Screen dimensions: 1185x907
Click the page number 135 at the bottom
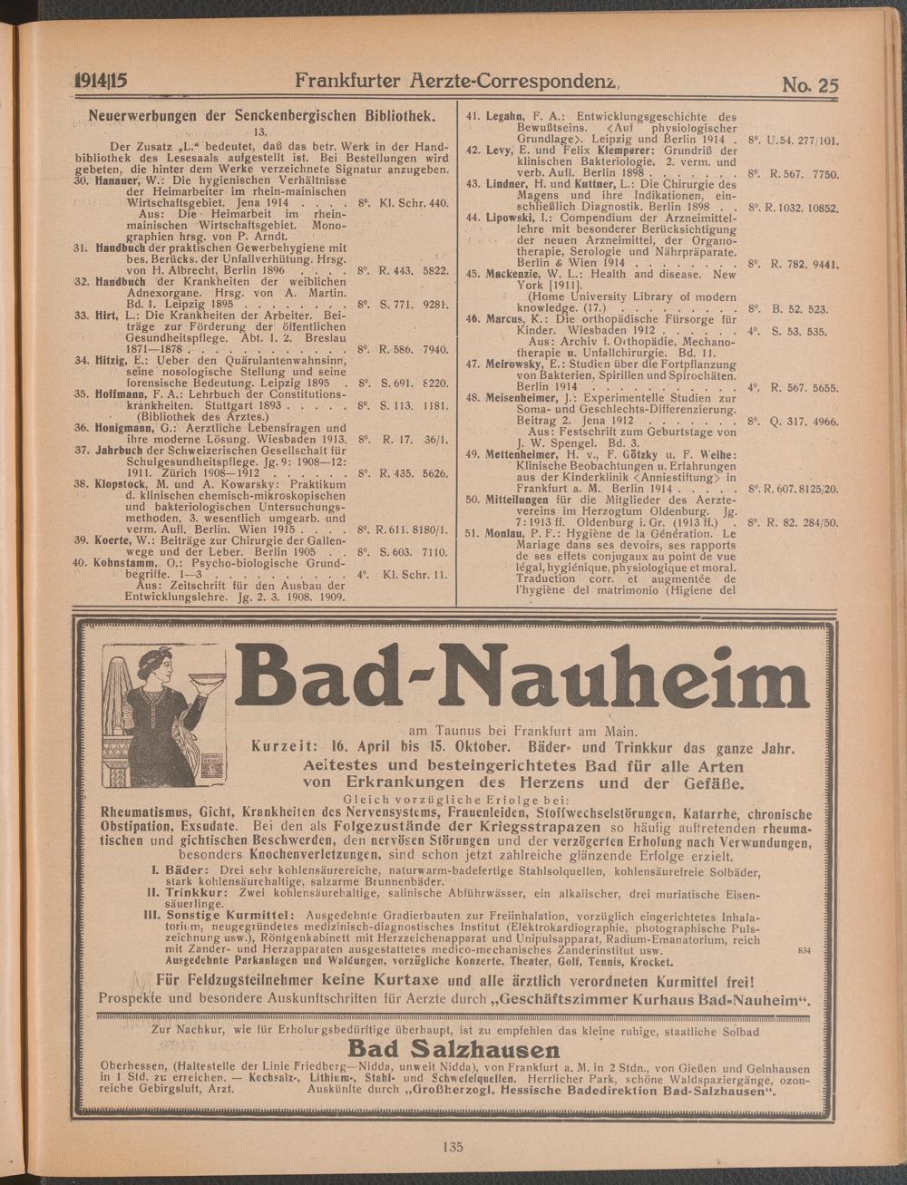coord(453,1146)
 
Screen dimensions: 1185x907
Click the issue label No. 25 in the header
coord(809,86)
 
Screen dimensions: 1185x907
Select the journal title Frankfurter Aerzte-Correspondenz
coord(455,83)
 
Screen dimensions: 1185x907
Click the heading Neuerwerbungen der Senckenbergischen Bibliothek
coord(258,117)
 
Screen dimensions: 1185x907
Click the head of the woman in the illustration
coord(150,662)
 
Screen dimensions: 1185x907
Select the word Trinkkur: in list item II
coord(196,892)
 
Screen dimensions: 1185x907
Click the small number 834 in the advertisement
coord(801,949)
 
